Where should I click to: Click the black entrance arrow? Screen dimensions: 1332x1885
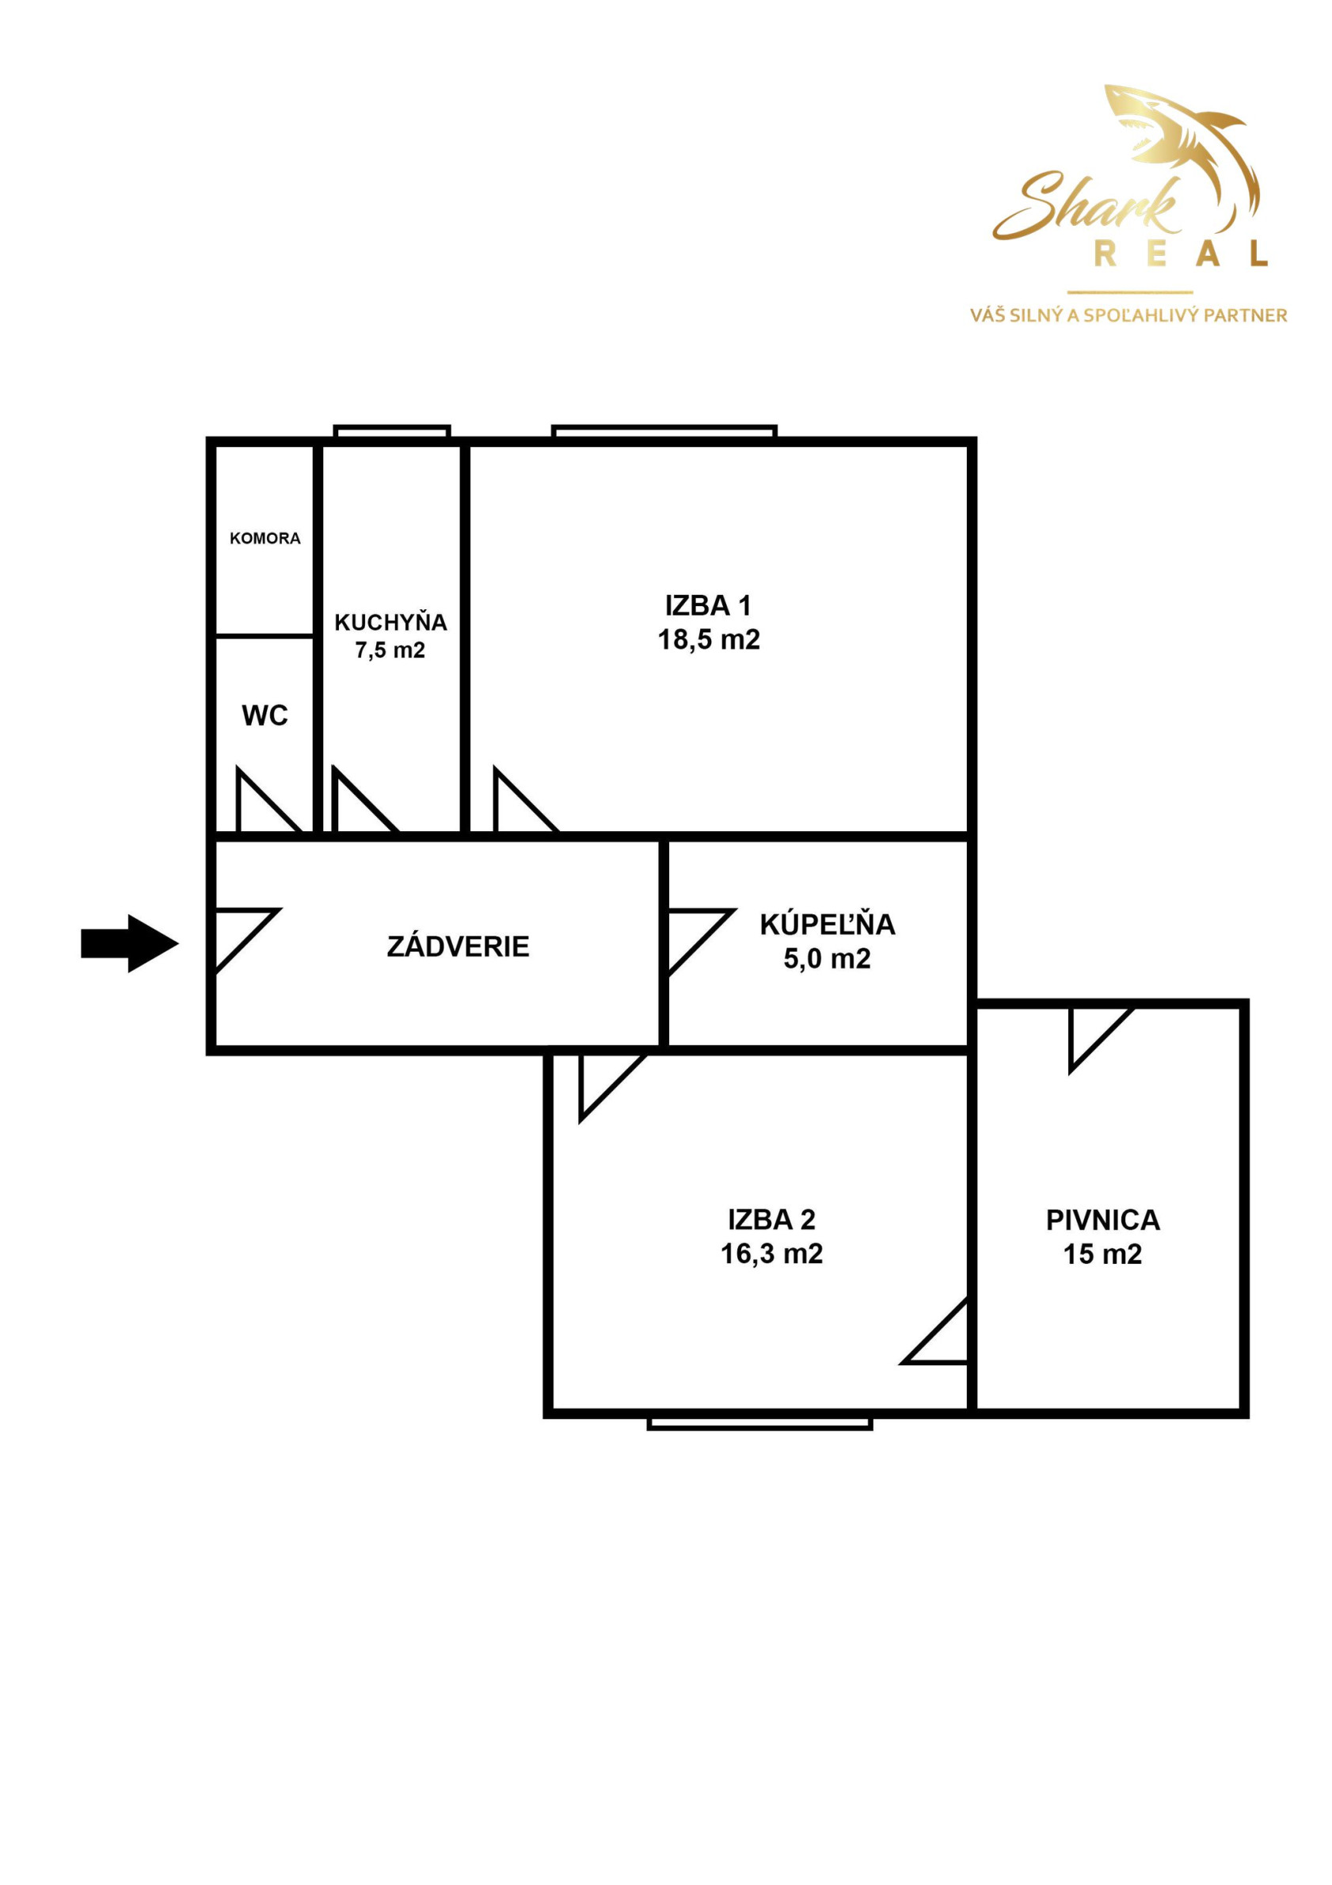pyautogui.click(x=130, y=944)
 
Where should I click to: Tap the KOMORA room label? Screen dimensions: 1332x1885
pyautogui.click(x=265, y=539)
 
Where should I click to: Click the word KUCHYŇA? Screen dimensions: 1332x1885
pyautogui.click(x=390, y=622)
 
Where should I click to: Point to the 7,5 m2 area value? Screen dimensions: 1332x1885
pyautogui.click(x=390, y=651)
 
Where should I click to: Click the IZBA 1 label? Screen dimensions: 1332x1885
pyautogui.click(x=708, y=606)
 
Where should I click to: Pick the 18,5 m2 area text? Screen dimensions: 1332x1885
pyautogui.click(x=709, y=639)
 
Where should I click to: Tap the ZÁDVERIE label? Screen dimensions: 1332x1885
pyautogui.click(x=458, y=947)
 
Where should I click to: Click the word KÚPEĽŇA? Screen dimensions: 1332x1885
pyautogui.click(x=828, y=925)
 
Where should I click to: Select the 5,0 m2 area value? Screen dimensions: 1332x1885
pyautogui.click(x=828, y=958)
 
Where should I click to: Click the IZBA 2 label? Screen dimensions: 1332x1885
pyautogui.click(x=771, y=1220)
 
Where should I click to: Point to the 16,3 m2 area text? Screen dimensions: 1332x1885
pyautogui.click(x=771, y=1253)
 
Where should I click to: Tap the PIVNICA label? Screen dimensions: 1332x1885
pyautogui.click(x=1103, y=1220)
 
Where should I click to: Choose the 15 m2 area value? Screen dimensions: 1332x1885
pyautogui.click(x=1103, y=1254)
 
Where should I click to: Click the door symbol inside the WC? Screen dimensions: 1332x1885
pyautogui.click(x=267, y=800)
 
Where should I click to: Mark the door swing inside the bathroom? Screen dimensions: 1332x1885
pyautogui.click(x=700, y=941)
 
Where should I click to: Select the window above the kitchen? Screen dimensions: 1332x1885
pyautogui.click(x=392, y=431)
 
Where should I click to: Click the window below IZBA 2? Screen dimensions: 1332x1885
pyautogui.click(x=759, y=1424)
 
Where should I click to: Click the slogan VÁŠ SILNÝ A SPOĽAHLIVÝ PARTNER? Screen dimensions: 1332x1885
pyautogui.click(x=1128, y=315)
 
